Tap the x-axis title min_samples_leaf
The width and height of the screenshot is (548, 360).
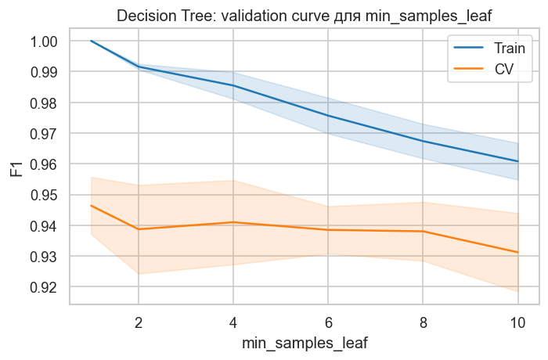(304, 342)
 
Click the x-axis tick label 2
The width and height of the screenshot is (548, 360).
(139, 321)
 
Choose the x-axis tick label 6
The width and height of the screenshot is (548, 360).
(328, 321)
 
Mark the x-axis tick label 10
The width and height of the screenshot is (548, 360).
(517, 321)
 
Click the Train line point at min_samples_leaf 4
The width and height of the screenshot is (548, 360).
(233, 85)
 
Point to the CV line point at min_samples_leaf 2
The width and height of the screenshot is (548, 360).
(139, 229)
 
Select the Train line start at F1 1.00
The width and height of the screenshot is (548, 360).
(92, 41)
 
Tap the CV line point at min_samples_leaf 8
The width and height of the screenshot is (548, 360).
(423, 232)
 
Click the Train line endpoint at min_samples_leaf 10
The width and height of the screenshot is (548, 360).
(517, 161)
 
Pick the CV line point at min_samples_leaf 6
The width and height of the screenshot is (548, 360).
(328, 230)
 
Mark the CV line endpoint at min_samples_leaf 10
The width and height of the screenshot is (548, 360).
(517, 252)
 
